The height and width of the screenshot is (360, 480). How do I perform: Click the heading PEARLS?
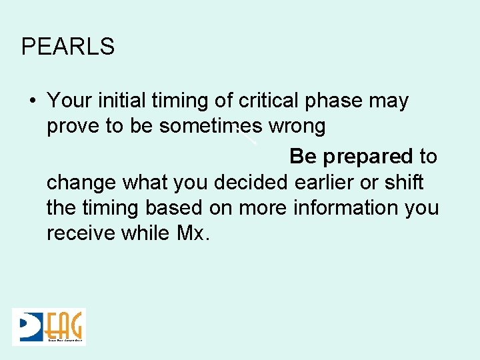68,47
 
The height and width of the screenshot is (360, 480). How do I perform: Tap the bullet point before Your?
32,101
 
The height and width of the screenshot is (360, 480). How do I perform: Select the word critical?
270,101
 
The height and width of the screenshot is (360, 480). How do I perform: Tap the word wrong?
295,127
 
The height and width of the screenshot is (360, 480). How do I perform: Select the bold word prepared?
368,157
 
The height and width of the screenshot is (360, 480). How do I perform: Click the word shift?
405,182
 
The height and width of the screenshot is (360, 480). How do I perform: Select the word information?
339,208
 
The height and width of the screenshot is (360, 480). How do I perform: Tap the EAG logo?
49,327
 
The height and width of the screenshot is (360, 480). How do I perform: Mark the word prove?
73,127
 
